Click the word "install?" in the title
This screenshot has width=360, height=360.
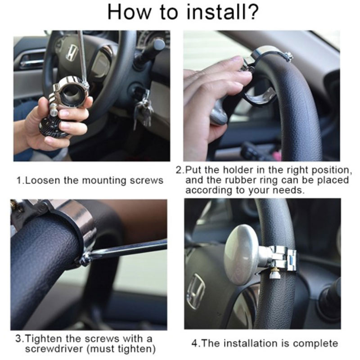point(222,12)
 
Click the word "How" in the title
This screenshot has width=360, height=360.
point(129,12)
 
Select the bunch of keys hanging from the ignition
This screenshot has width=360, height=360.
point(144,110)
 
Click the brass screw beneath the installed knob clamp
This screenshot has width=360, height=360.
point(274,274)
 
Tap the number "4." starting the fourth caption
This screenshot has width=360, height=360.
point(196,343)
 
